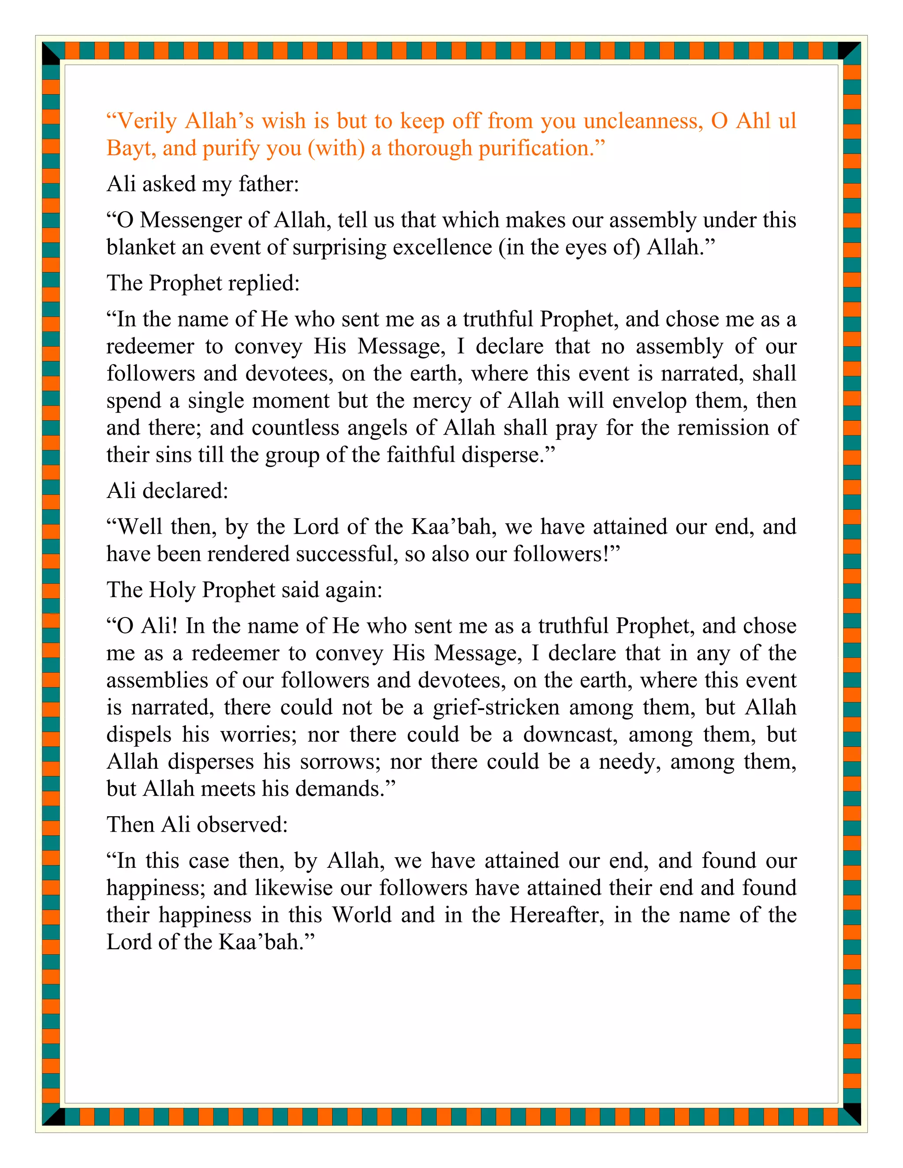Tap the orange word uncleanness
[x=642, y=121]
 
